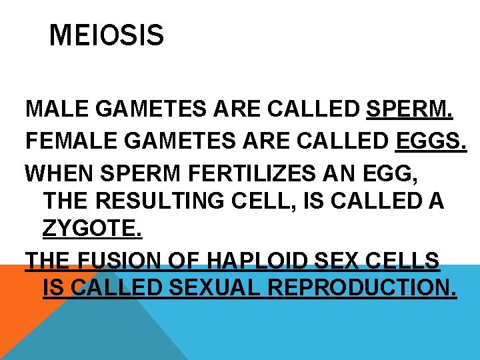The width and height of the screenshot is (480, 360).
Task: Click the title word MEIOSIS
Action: point(107,35)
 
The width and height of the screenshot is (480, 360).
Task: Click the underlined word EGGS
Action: point(431,141)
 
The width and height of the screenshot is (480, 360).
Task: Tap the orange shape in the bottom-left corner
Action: point(17,313)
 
